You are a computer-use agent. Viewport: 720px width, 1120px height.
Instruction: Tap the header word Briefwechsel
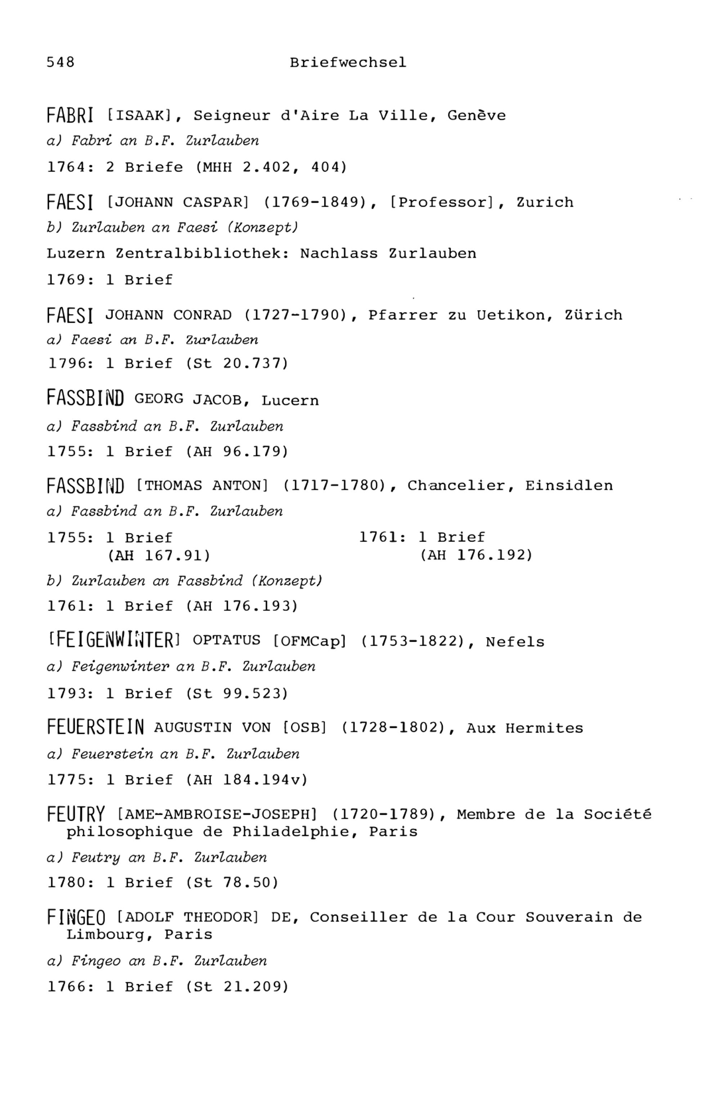(348, 62)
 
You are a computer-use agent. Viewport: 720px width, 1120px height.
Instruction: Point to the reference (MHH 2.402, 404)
(271, 167)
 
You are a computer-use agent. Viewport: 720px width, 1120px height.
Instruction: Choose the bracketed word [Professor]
(442, 202)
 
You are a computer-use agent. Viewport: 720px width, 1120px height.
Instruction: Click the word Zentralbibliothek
(202, 254)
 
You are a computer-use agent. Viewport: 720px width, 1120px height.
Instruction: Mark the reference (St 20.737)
(237, 363)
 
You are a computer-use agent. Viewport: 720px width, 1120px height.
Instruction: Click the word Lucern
(290, 400)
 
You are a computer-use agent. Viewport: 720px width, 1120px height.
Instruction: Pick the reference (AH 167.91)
(159, 556)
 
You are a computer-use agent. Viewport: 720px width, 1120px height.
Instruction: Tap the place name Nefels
(515, 642)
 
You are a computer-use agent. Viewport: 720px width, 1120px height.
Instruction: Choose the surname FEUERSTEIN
(96, 728)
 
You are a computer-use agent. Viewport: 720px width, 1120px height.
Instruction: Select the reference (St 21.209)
(237, 986)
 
